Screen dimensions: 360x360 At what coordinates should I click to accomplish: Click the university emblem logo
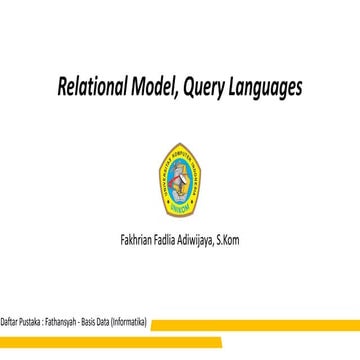click(x=180, y=170)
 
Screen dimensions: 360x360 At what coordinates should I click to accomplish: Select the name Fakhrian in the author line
click(x=138, y=241)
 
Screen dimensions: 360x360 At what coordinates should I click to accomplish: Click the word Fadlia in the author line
click(x=174, y=241)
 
